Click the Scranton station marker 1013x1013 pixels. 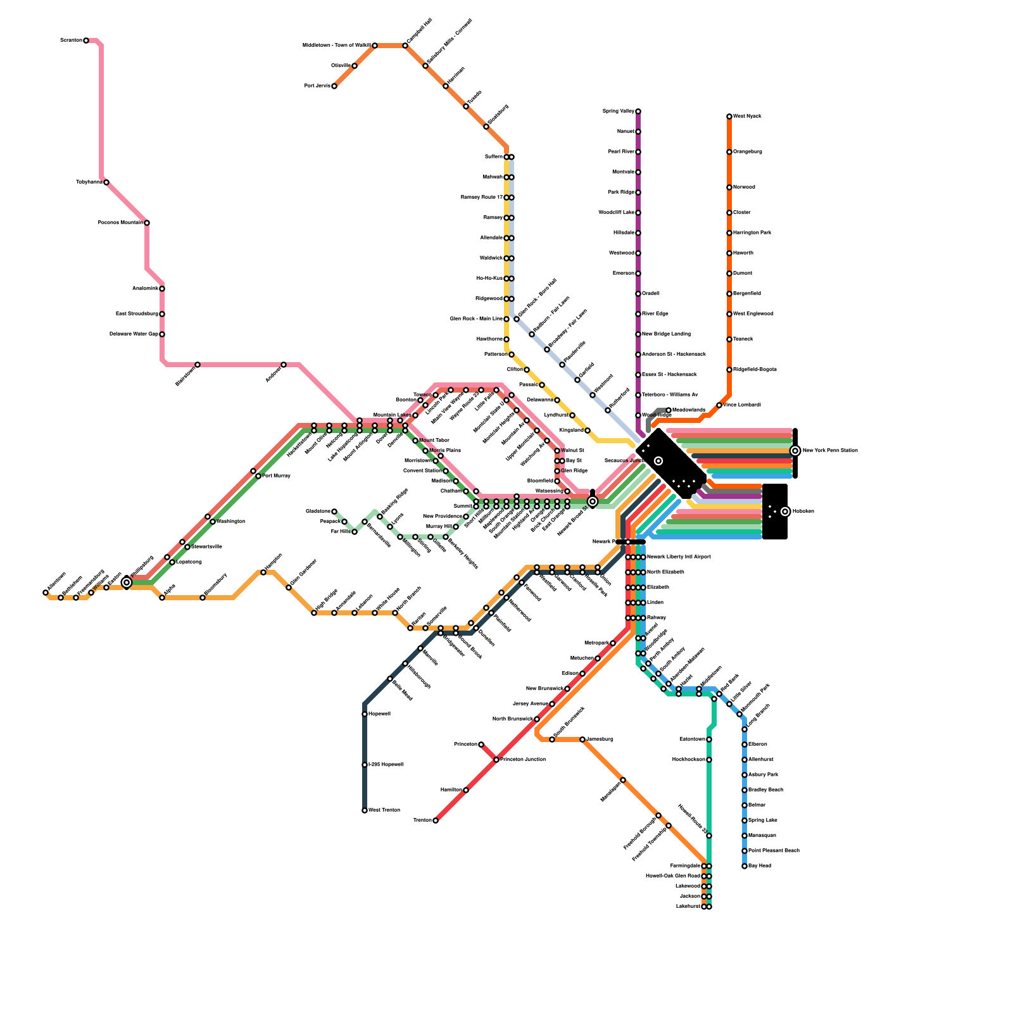tap(86, 41)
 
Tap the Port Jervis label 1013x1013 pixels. tap(317, 85)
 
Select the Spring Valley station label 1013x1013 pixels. tap(618, 111)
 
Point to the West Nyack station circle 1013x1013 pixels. tap(729, 116)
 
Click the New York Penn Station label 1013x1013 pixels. tap(830, 451)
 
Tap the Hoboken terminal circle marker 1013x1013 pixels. tap(785, 512)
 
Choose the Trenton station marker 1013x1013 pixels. tap(436, 821)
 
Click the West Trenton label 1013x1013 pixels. tap(384, 810)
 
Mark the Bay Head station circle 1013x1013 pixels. tap(745, 866)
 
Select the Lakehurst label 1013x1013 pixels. tap(688, 907)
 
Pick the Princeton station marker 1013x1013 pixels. tap(481, 745)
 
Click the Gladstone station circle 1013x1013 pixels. tap(334, 512)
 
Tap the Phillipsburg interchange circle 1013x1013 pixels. tap(127, 582)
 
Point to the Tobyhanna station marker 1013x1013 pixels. tap(106, 182)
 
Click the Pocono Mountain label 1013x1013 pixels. tap(120, 223)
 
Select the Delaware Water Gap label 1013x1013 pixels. tap(134, 334)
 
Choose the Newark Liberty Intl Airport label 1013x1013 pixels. tap(679, 557)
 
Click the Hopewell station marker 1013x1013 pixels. tap(365, 714)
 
